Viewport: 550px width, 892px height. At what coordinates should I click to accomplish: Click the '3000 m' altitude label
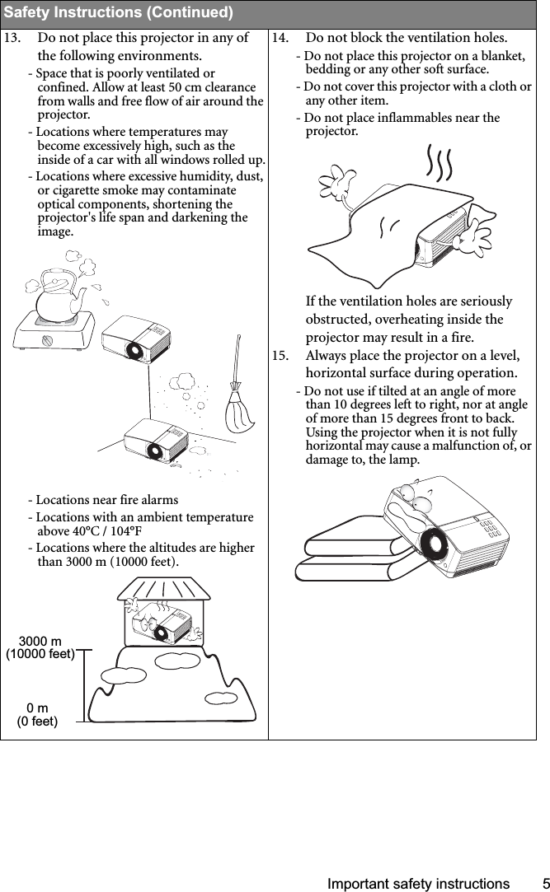[x=40, y=641]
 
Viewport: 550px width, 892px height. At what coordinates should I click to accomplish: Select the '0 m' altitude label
[x=37, y=708]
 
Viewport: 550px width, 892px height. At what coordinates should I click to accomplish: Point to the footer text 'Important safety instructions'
[x=418, y=884]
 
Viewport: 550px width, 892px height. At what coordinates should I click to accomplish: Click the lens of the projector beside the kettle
[x=133, y=350]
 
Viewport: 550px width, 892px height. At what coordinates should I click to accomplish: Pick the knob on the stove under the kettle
[x=49, y=339]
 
